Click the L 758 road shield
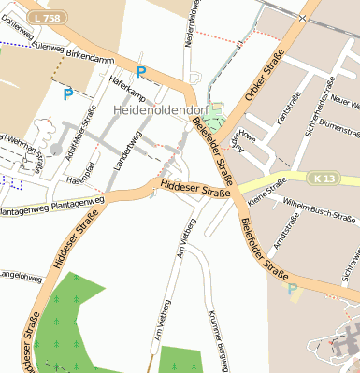[x=39, y=18]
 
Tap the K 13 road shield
[x=324, y=177]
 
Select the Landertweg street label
[x=125, y=150]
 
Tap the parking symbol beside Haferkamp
[x=141, y=72]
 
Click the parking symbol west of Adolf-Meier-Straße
[x=67, y=93]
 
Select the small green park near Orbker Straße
[x=216, y=120]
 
